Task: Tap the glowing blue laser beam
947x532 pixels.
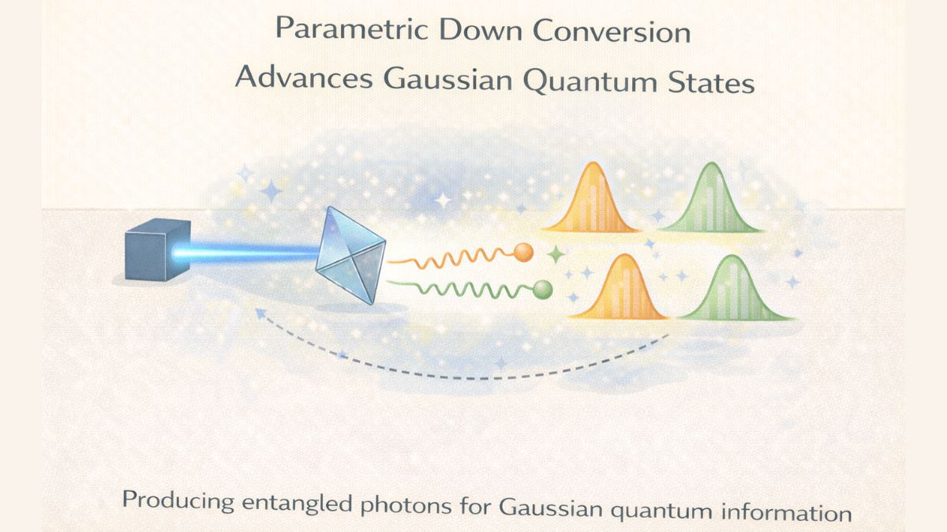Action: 253,252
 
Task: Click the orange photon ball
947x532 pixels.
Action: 523,252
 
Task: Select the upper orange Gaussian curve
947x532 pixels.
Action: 590,201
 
